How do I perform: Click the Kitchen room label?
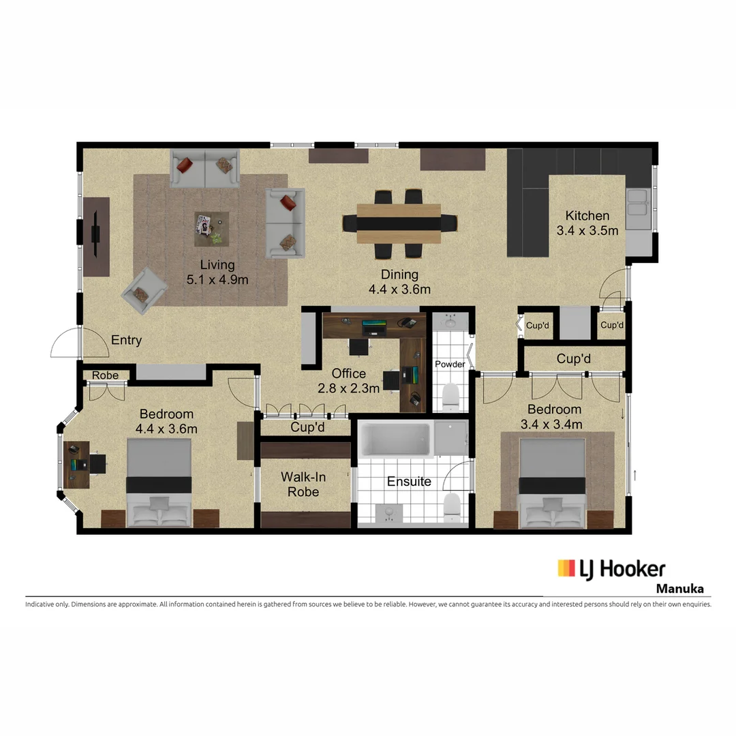tap(587, 215)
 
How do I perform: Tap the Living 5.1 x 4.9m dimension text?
tap(217, 279)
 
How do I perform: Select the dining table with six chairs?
tap(399, 223)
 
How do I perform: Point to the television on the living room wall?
tap(97, 234)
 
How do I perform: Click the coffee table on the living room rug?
tap(211, 229)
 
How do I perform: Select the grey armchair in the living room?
tap(144, 291)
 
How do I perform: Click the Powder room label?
tap(450, 365)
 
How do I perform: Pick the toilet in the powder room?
tap(450, 397)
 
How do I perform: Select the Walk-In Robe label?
tap(303, 484)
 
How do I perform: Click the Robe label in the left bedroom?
tap(105, 375)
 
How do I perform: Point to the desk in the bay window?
tap(77, 464)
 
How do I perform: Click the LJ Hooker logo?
tap(611, 569)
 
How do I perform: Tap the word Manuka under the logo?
tap(679, 589)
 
